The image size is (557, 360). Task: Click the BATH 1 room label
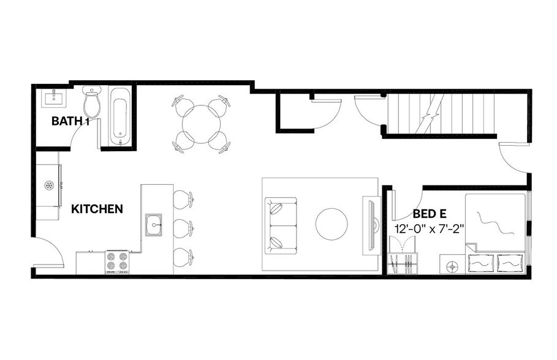tap(70, 121)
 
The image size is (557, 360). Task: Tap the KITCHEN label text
tap(97, 209)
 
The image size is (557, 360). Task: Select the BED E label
tap(429, 214)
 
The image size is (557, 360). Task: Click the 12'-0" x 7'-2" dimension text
tap(429, 228)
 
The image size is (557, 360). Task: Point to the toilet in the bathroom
tap(92, 103)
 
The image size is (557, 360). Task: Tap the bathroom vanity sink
tap(55, 98)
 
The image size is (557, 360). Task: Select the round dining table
tap(201, 124)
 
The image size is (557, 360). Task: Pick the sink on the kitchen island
tap(154, 225)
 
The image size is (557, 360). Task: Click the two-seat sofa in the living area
tap(280, 225)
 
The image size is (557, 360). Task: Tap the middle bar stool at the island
tap(183, 228)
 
